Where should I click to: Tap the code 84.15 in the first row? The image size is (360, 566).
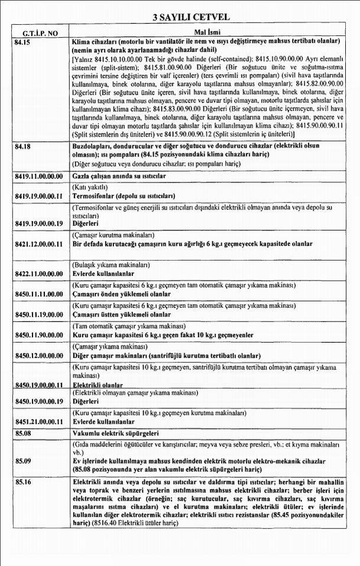point(22,42)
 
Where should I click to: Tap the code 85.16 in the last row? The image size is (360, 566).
point(22,483)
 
